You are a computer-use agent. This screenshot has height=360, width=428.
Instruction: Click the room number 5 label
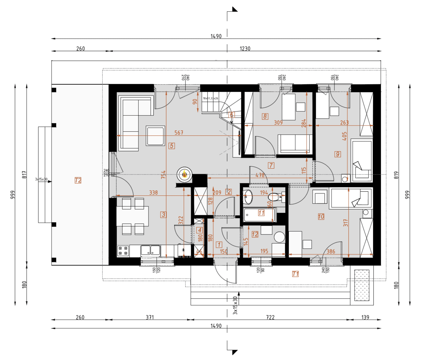click(x=172, y=146)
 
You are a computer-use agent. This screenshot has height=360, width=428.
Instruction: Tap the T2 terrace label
click(x=78, y=180)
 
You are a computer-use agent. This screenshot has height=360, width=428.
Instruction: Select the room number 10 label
click(x=321, y=216)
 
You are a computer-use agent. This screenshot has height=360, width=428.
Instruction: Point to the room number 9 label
click(x=337, y=154)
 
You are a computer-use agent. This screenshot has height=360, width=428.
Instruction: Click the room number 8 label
click(x=265, y=116)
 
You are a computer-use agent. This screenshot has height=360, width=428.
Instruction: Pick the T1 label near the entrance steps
click(x=295, y=274)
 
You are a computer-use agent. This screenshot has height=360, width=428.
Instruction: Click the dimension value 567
click(x=179, y=133)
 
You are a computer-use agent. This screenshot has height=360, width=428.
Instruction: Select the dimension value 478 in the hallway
click(x=260, y=175)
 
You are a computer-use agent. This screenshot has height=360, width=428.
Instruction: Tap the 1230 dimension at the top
click(x=245, y=49)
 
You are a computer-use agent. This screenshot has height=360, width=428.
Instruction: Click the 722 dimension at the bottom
click(x=270, y=317)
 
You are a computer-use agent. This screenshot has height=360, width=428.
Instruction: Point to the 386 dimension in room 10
click(x=331, y=251)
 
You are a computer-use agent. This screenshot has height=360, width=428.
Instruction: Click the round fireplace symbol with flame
click(x=184, y=175)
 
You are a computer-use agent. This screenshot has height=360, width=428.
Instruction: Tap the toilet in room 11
click(x=275, y=197)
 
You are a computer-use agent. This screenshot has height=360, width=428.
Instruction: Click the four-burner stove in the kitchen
click(x=123, y=251)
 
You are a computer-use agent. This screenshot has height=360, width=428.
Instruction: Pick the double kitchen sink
click(x=151, y=251)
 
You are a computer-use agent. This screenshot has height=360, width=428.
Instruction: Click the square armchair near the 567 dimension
click(x=155, y=136)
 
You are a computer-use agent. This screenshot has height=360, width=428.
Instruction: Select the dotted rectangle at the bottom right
click(x=361, y=285)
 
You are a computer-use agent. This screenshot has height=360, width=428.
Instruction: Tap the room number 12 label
click(x=255, y=234)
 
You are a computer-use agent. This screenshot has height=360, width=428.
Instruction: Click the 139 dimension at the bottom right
click(x=365, y=317)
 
